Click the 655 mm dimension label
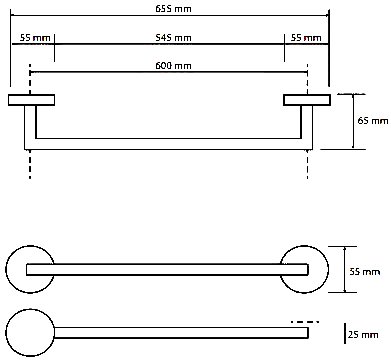pos(173,8)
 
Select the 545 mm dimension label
pos(173,38)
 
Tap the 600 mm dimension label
pos(173,66)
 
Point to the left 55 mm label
pos(35,37)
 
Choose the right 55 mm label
pos(306,37)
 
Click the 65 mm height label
pos(373,120)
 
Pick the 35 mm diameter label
pos(365,272)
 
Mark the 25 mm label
pos(363,334)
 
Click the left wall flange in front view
pos(31,100)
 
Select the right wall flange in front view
pos(307,100)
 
